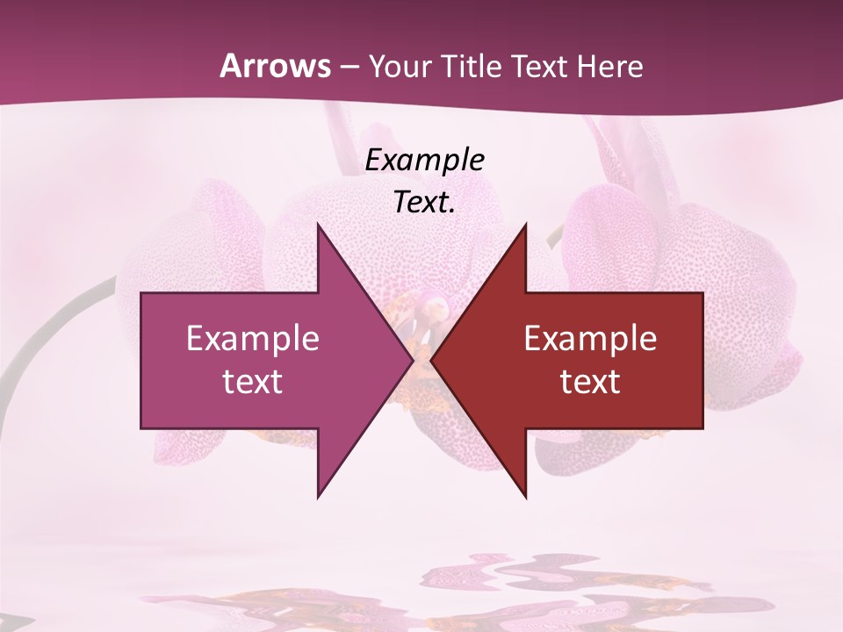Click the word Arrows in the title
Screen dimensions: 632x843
click(x=274, y=66)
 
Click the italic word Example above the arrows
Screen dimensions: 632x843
click(x=424, y=160)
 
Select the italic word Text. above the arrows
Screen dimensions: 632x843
click(x=424, y=202)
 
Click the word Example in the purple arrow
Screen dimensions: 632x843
click(x=253, y=338)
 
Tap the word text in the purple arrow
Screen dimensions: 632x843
click(x=253, y=382)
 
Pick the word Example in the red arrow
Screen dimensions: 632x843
click(x=590, y=338)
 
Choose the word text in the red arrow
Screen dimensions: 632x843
click(x=590, y=382)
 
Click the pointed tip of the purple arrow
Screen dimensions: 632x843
click(x=411, y=360)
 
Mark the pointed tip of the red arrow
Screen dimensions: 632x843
click(x=432, y=360)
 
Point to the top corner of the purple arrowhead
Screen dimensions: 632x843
click(x=318, y=225)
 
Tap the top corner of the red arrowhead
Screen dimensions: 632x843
click(x=525, y=225)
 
